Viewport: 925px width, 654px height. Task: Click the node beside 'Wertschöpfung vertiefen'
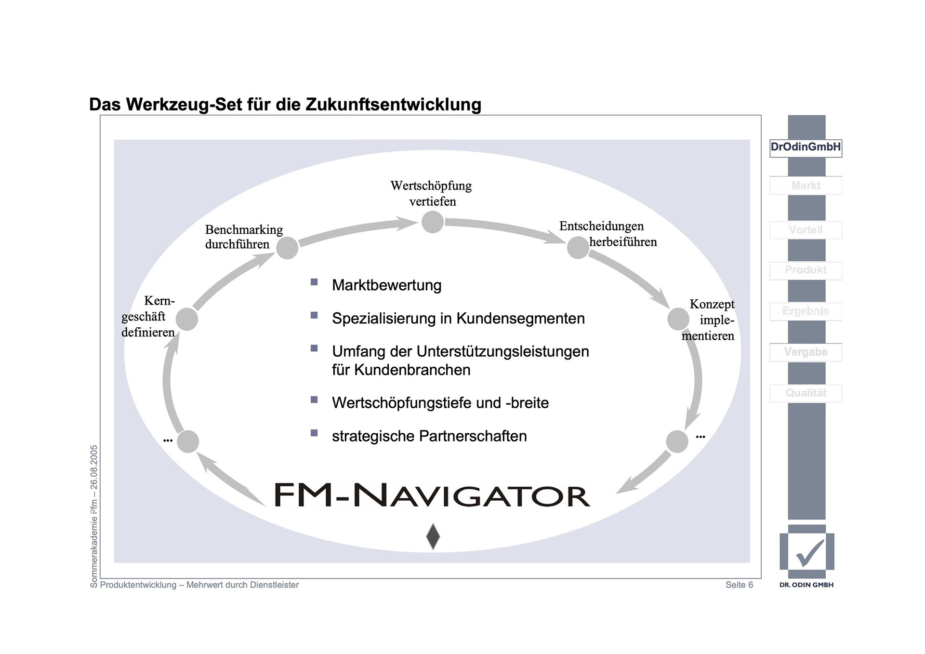point(432,222)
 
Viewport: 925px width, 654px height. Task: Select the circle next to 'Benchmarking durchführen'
point(287,248)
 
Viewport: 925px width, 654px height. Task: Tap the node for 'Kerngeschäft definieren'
point(187,319)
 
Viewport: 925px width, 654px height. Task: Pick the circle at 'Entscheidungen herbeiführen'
point(578,247)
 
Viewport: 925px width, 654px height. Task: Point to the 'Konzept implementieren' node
point(678,320)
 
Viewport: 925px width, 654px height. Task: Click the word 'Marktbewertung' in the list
point(386,285)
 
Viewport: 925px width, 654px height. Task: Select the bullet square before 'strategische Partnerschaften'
point(314,433)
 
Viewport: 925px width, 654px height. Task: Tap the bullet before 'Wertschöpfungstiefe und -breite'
point(314,400)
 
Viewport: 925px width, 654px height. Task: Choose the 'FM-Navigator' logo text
point(432,495)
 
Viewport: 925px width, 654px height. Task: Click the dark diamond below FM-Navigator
point(433,536)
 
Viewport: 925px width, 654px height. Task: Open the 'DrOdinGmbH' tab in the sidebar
point(806,147)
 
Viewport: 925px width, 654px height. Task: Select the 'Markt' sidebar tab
point(806,186)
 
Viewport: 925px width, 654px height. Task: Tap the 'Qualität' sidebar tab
point(806,393)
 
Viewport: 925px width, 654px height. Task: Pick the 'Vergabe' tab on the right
point(806,352)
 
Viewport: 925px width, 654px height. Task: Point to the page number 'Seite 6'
point(739,585)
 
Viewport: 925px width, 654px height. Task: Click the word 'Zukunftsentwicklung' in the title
point(393,105)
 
